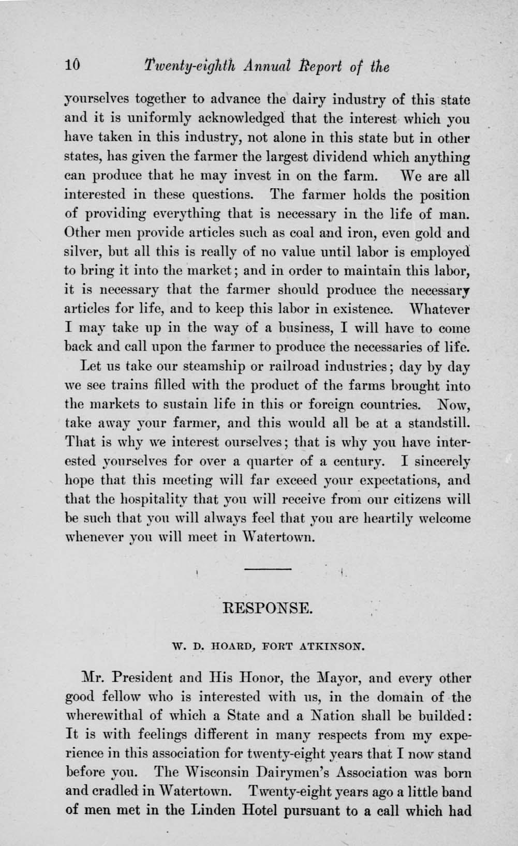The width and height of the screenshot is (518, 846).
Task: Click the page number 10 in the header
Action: [x=72, y=66]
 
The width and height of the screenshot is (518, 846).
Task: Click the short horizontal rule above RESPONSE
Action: [x=267, y=569]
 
